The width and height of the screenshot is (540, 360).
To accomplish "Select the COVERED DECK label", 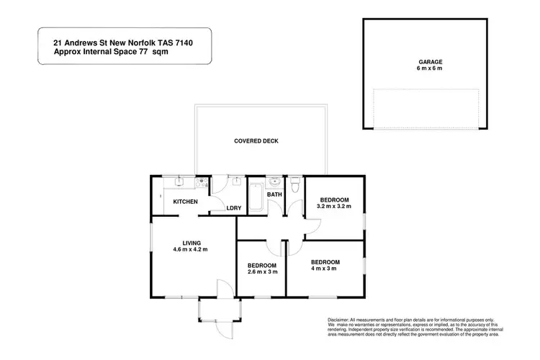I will [x=256, y=141].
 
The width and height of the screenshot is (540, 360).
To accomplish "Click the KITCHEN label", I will [x=184, y=202].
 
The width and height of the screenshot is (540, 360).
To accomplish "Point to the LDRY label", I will [x=234, y=209].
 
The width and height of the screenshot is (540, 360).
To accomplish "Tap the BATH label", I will [x=274, y=195].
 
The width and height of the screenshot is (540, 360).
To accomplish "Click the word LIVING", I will [x=191, y=243].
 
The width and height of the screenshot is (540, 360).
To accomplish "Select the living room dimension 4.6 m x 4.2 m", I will [x=191, y=250].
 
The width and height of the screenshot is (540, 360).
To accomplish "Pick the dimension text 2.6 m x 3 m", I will [x=262, y=272].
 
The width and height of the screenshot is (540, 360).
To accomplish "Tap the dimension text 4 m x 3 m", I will [x=325, y=269].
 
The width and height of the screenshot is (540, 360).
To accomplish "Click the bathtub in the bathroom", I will [x=257, y=195].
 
